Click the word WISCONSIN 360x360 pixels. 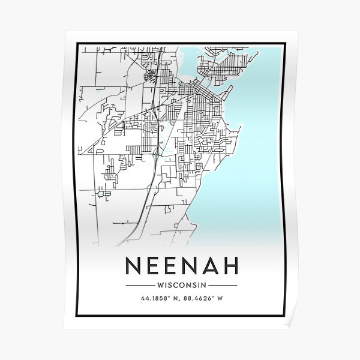pos(181,286)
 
